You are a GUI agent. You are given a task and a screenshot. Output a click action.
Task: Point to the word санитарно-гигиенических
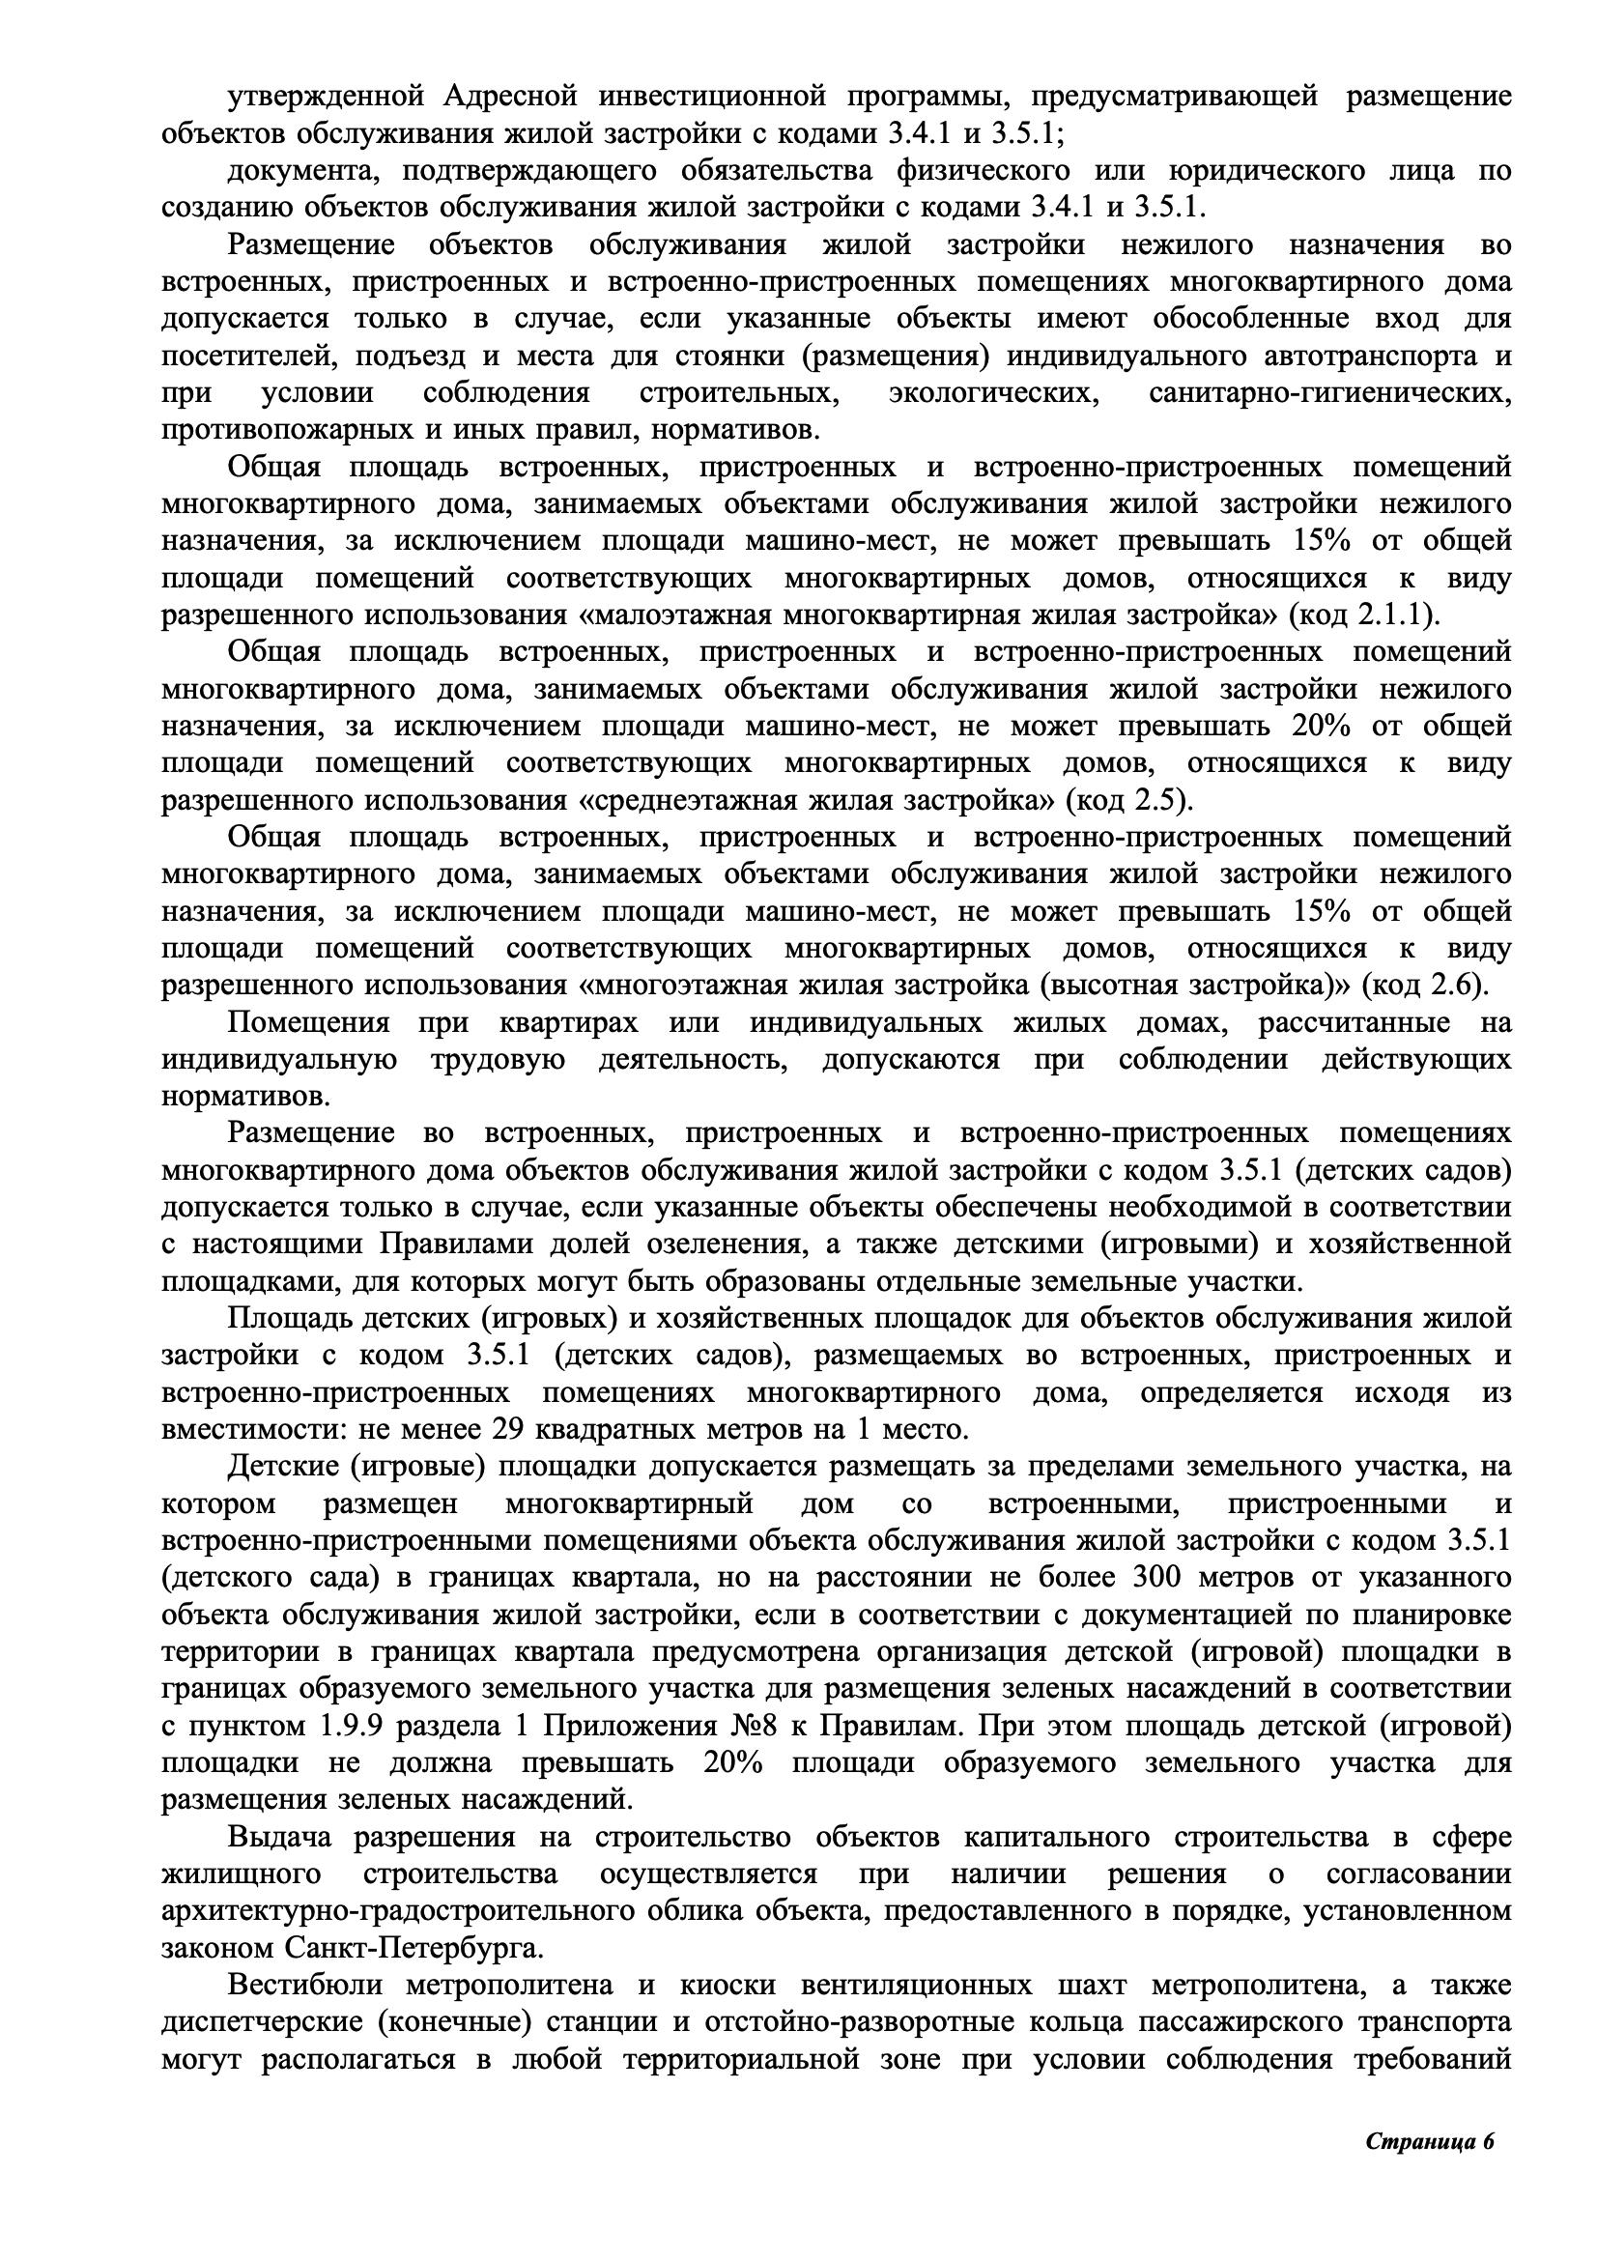[1329, 392]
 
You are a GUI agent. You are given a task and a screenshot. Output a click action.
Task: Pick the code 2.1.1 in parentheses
[1389, 615]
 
